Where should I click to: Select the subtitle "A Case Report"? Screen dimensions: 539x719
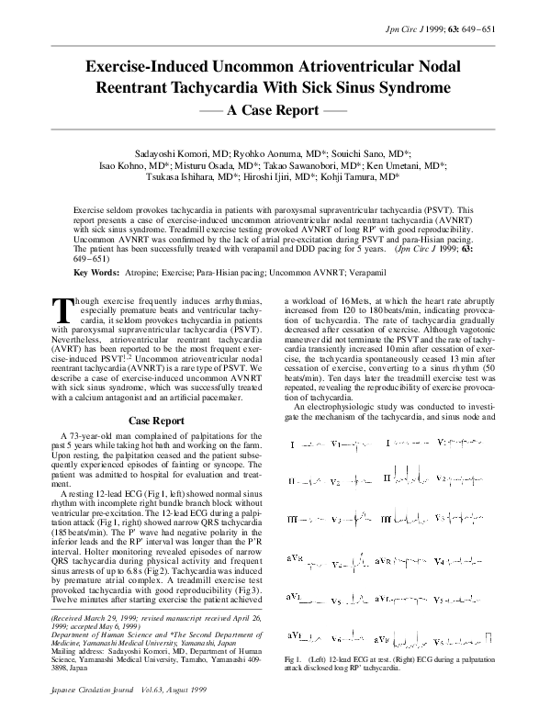270,110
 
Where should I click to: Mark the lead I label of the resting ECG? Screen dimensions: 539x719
291,444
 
